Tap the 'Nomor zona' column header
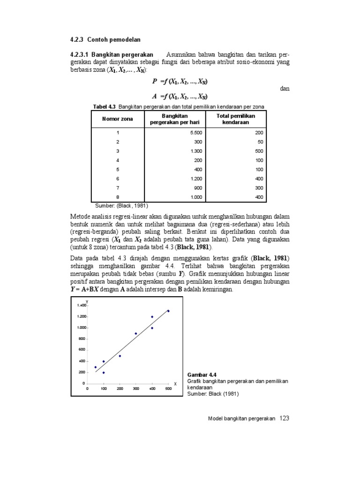[118, 119]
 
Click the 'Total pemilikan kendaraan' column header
[236, 119]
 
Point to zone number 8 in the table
[118, 197]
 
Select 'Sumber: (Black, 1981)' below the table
[121, 205]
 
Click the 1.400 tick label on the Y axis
[81, 305]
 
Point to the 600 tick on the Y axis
[82, 350]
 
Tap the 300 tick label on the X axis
[136, 388]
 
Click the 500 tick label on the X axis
[168, 388]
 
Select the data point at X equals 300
[136, 333]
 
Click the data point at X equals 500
[168, 311]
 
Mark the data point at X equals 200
[120, 356]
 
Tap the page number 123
[284, 418]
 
